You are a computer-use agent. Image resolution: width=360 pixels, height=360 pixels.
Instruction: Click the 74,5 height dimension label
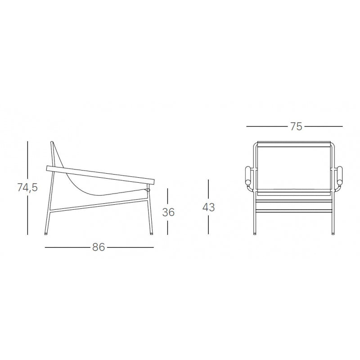coord(27,188)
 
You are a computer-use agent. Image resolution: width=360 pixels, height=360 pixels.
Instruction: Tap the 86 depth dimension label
coord(99,247)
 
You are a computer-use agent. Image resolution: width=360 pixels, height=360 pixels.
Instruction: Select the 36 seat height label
coord(168,212)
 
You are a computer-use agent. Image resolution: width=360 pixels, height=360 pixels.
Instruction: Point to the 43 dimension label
coord(208,207)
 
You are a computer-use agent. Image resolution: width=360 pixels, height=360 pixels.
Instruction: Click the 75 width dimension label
coord(296,126)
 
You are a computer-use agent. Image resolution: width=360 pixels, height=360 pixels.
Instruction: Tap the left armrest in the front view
coord(248,175)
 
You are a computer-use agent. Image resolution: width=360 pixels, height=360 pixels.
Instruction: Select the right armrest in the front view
coord(340,175)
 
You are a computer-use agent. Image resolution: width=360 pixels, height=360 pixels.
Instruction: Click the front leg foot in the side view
coord(151,234)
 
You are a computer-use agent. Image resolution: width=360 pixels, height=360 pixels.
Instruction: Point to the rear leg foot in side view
coord(46,234)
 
